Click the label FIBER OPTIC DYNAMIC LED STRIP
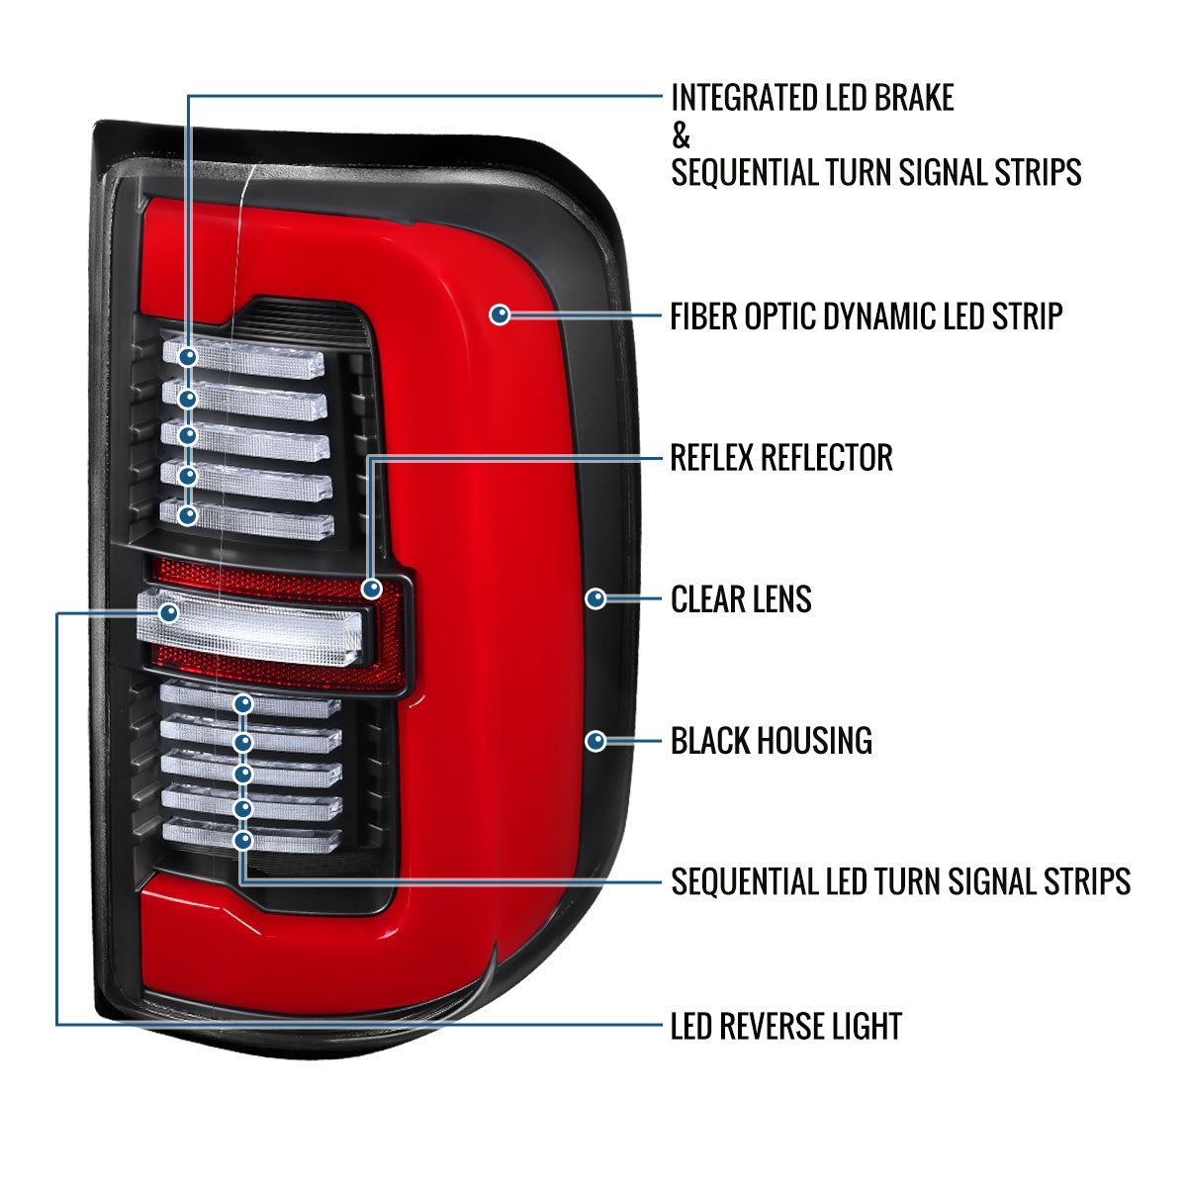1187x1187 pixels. point(866,317)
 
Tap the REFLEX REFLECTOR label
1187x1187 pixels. point(780,458)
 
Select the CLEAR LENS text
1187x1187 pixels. point(741,599)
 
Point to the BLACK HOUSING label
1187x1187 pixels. point(771,741)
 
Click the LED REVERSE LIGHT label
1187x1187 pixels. point(785,1027)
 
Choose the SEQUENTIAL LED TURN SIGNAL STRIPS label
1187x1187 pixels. point(900,880)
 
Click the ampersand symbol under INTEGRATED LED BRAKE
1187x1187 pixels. point(681,136)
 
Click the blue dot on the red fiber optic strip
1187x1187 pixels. point(501,315)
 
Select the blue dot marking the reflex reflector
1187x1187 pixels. point(372,589)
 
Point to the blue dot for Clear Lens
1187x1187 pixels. point(595,598)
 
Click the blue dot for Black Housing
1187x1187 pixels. point(595,740)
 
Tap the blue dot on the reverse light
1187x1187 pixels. point(169,614)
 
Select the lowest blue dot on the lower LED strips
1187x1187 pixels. point(243,841)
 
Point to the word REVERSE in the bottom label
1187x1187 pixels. point(788,1027)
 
